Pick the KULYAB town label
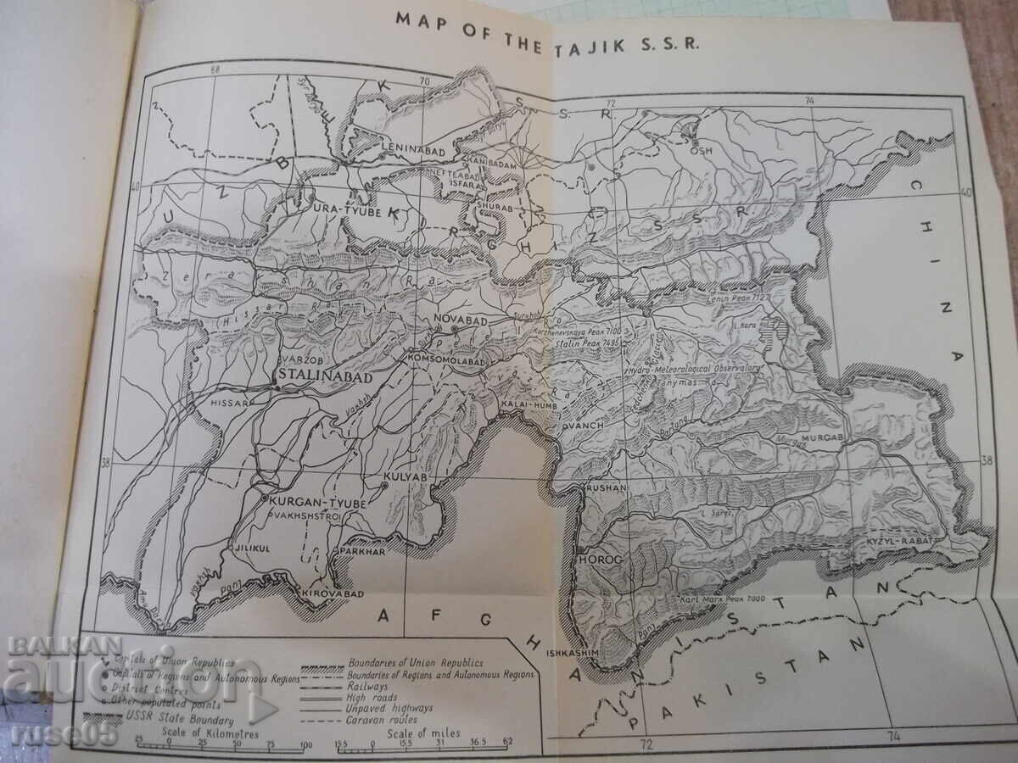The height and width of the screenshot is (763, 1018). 404,478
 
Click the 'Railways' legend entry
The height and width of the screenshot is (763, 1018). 367,685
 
